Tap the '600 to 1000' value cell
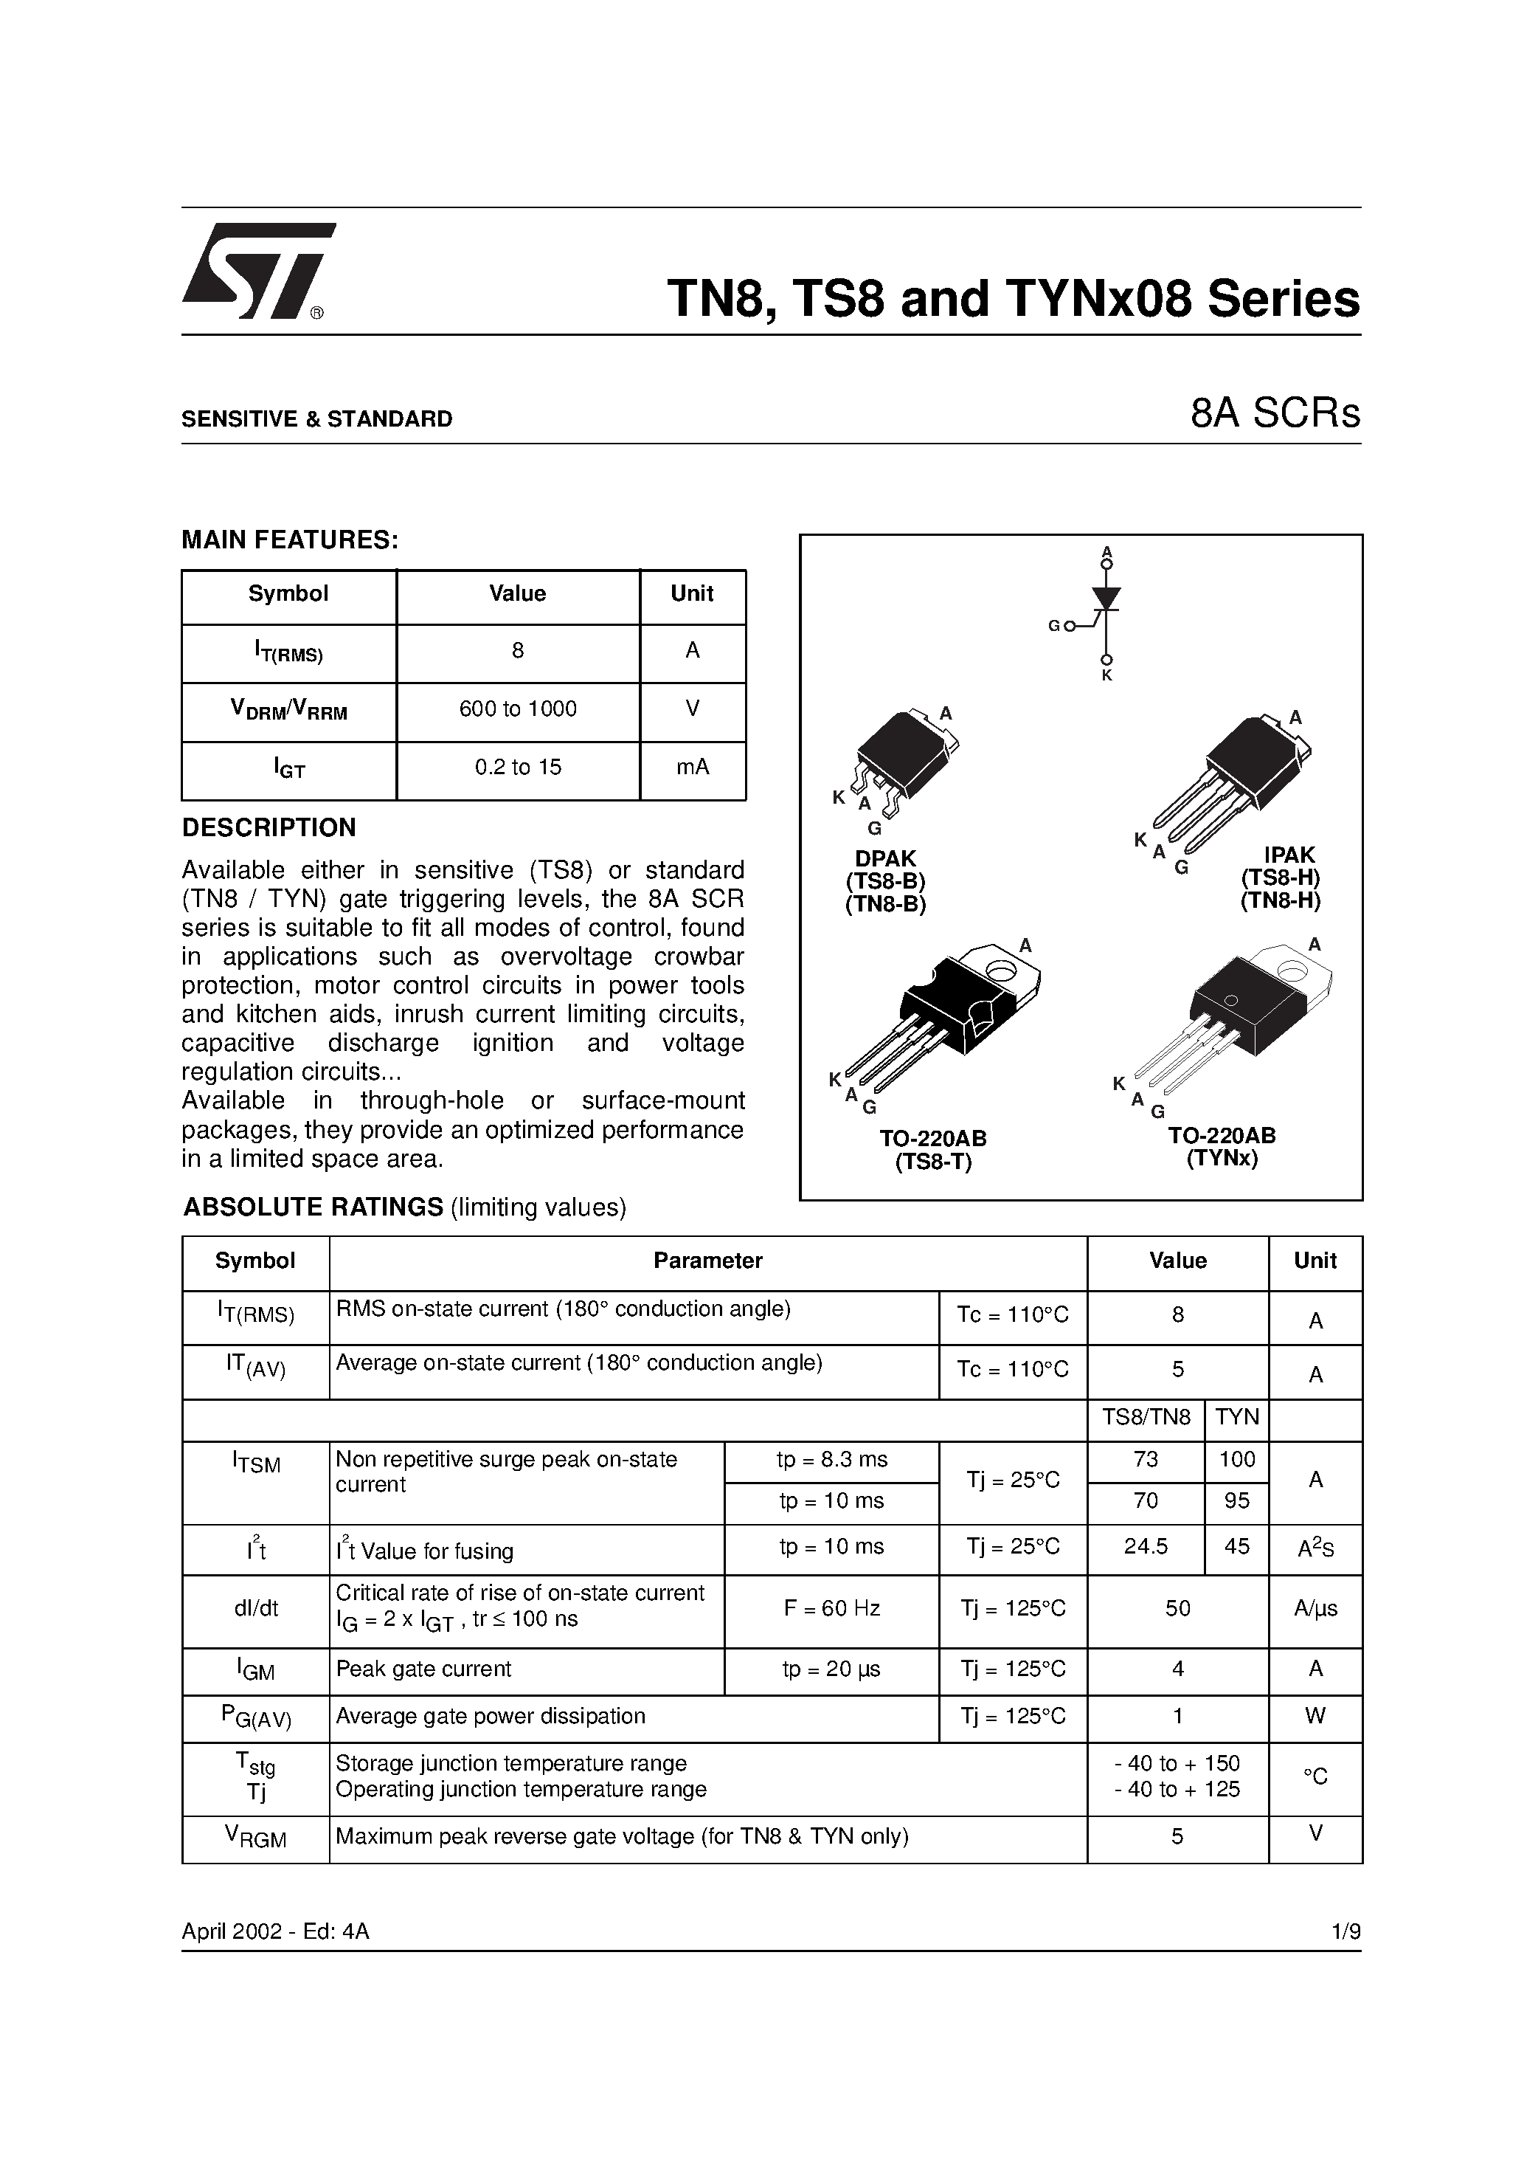[518, 710]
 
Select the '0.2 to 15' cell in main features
[518, 768]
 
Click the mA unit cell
[693, 768]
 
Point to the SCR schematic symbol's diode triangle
[1106, 598]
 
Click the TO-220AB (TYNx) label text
[1222, 1147]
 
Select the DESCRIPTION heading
[269, 828]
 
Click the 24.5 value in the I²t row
[1146, 1546]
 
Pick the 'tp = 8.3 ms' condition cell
[831, 1460]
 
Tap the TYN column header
[1236, 1417]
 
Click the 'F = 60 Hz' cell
[831, 1608]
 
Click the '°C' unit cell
[1315, 1776]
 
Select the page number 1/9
[1345, 1931]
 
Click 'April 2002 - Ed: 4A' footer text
[275, 1931]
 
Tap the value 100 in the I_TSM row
[1236, 1460]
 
